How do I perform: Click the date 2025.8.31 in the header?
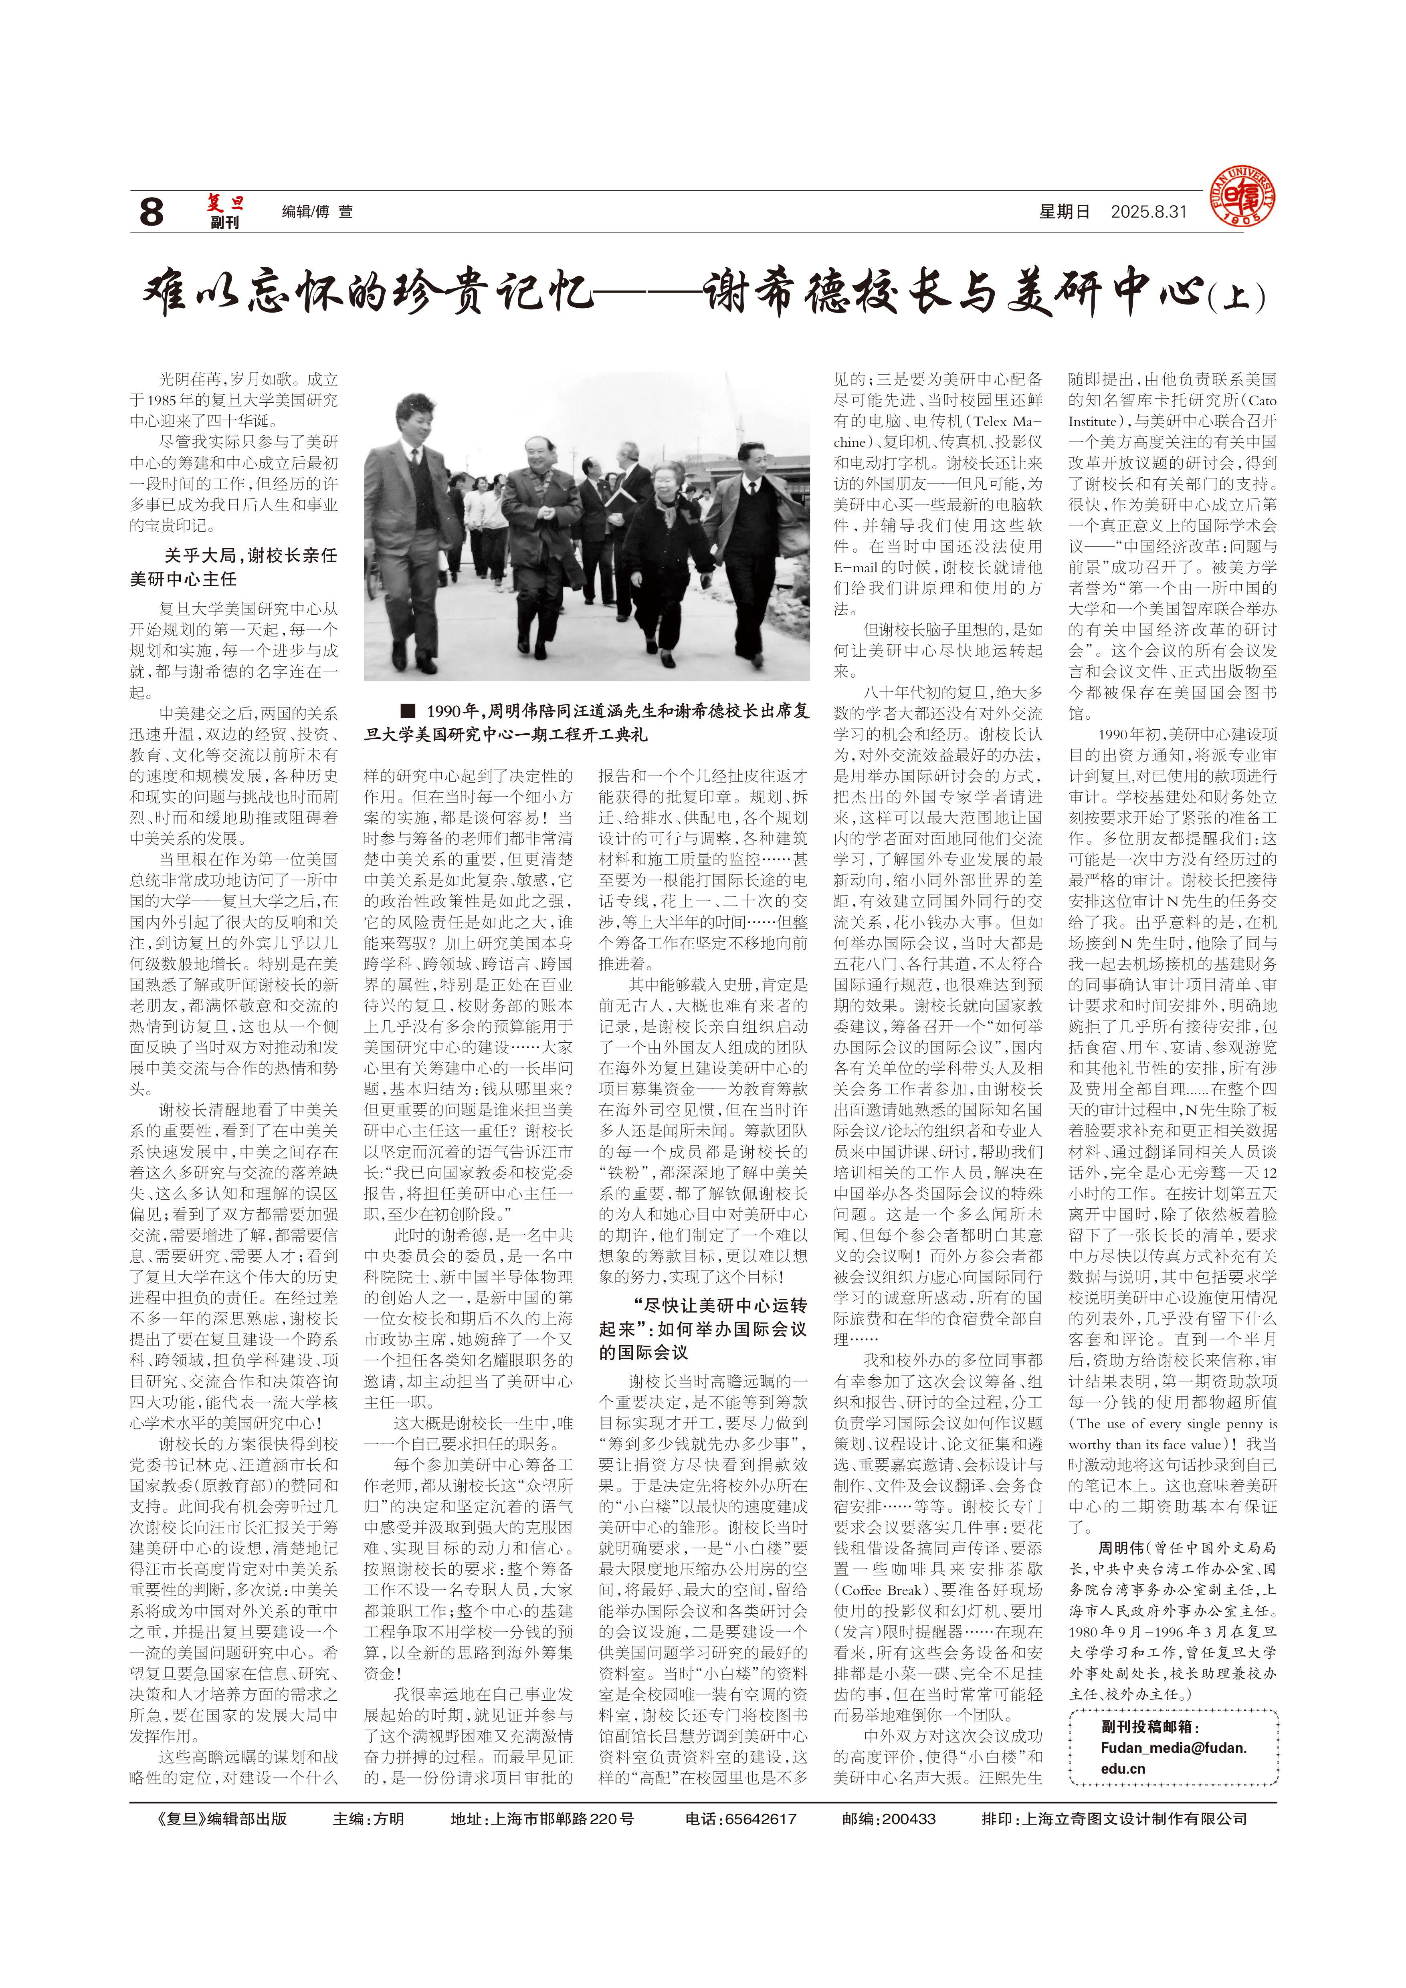[1149, 212]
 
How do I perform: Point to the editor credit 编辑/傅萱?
[317, 212]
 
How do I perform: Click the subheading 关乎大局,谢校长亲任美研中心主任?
[234, 567]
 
